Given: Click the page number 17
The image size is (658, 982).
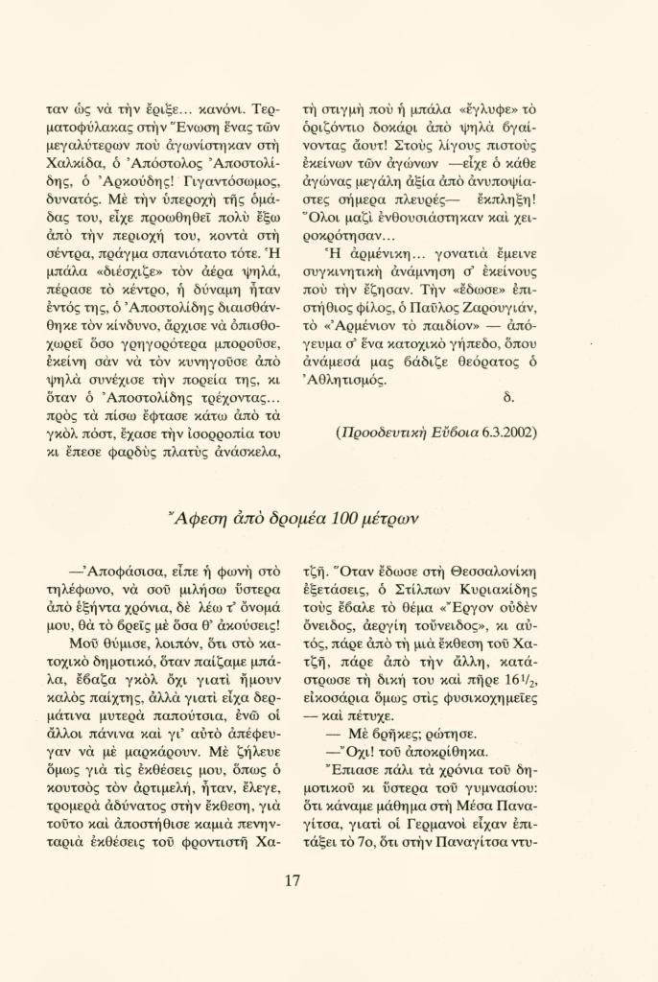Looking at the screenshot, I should click(x=294, y=881).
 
